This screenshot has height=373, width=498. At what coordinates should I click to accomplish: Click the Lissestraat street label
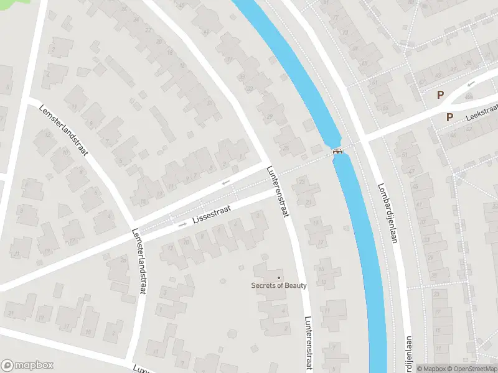point(211,216)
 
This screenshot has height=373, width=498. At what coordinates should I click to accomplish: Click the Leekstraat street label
point(482,113)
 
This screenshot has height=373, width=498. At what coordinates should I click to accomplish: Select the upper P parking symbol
point(440,95)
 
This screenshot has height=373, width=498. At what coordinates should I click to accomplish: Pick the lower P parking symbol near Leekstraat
point(449,116)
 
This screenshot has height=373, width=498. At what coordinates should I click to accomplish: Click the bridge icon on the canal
point(337,151)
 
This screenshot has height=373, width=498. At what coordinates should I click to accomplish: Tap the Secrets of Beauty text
point(279,285)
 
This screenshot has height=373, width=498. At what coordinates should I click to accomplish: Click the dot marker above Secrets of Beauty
point(279,277)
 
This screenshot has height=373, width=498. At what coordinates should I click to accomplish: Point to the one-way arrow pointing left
point(225,182)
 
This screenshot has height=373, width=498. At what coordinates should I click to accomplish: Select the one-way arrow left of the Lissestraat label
point(182,224)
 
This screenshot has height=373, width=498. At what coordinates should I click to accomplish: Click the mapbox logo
point(28,366)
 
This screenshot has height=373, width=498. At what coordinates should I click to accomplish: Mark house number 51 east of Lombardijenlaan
point(404,154)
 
